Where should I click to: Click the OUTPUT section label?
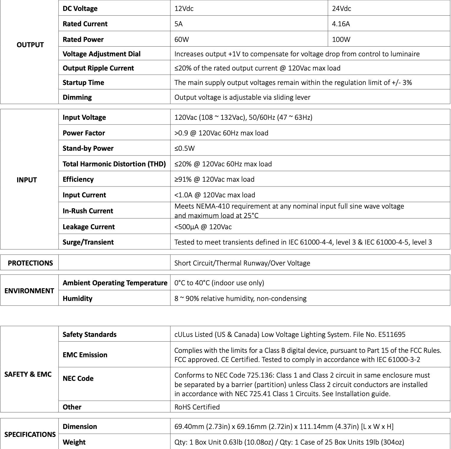coord(30,45)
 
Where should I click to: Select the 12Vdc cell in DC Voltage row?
coord(184,9)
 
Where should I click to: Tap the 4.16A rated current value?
coord(341,24)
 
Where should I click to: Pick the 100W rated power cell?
coord(341,40)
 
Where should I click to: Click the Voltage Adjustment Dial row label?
coord(102,54)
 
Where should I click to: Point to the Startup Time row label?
coord(83,83)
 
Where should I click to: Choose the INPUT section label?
coord(27,180)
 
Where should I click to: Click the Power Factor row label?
coord(84,133)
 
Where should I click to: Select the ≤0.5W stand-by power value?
coord(184,148)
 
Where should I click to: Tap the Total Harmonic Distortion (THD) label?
coord(114,164)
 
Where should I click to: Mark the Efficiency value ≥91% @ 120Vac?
coord(214,179)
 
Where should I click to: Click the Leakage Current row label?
coord(89,227)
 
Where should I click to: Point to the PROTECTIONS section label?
coord(30,263)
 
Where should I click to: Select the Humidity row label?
coord(77,299)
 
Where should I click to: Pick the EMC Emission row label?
coord(85,355)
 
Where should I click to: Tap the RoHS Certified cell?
coord(197,407)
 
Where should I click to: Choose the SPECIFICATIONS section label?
coord(30,435)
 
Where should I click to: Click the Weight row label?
coord(74,442)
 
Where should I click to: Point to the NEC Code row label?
coord(78,378)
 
